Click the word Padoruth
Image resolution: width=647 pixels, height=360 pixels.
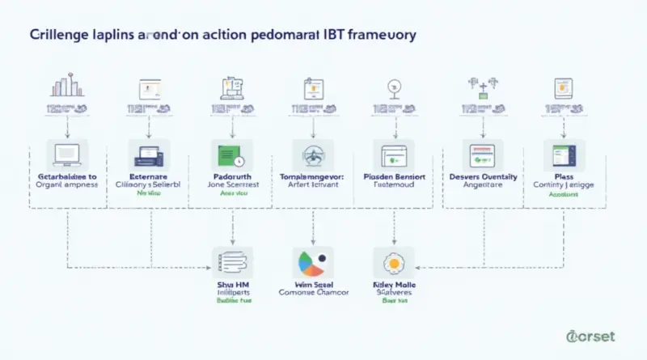(232, 175)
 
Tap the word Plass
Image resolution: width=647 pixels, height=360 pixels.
(564, 175)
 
